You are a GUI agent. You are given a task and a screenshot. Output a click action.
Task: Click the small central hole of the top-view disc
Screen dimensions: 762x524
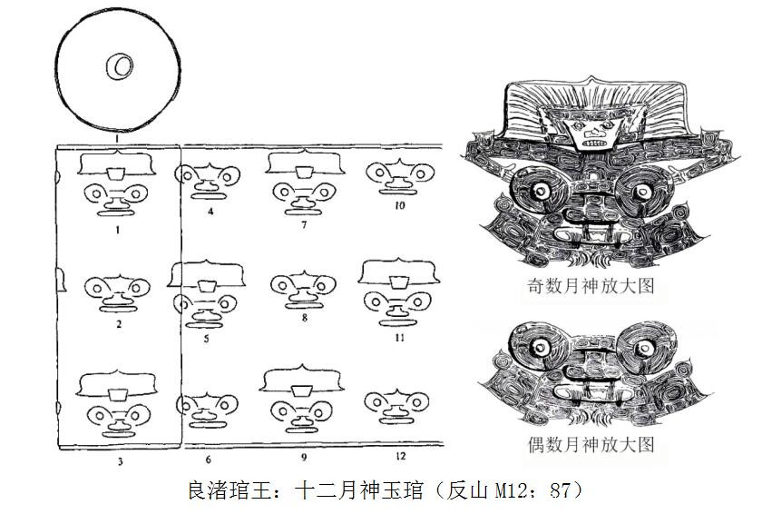point(120,65)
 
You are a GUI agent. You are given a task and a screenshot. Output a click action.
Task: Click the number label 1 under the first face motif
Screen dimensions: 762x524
point(117,230)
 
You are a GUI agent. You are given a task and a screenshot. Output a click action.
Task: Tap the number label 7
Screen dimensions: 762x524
point(304,225)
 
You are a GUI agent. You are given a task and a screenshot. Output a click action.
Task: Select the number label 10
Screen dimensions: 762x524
point(399,206)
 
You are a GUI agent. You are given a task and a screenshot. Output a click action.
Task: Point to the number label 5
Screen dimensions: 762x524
point(207,339)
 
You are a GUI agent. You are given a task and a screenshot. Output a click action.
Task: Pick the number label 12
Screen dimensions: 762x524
point(400,457)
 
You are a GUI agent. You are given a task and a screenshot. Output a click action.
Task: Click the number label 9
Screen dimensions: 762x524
point(304,458)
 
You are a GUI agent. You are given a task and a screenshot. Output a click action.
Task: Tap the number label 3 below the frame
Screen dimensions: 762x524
point(120,461)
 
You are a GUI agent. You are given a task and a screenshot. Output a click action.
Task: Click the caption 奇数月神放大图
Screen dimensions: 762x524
point(591,286)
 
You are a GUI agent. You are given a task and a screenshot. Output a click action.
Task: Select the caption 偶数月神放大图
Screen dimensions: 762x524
point(591,445)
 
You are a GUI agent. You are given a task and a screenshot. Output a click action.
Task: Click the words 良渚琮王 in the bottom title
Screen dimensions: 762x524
point(230,490)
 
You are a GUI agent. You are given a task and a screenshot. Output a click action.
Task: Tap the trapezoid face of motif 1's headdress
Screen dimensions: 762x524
point(116,173)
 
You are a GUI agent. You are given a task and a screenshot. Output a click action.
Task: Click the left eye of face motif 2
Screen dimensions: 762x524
point(97,289)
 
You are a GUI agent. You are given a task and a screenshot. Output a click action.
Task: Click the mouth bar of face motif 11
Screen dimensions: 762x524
point(397,322)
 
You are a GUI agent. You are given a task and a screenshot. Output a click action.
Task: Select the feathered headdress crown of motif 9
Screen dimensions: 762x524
point(301,378)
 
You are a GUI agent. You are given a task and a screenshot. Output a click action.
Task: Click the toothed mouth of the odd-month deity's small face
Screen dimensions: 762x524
point(593,143)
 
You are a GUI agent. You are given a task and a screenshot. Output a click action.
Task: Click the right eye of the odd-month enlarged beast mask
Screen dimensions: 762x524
point(643,192)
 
